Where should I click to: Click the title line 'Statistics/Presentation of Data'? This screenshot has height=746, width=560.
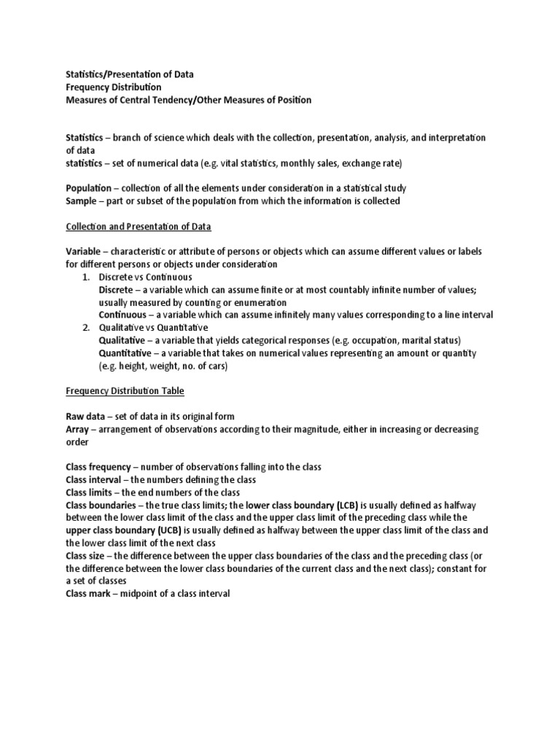coord(130,74)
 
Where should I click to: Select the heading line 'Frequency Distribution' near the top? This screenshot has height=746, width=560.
coord(114,87)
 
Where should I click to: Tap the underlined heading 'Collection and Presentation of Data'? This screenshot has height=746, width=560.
coord(139,227)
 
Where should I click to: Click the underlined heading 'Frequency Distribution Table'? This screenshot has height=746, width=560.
coord(125,391)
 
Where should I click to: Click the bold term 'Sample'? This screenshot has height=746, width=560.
coord(82,200)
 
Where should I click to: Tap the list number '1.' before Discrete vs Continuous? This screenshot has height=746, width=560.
coord(85,277)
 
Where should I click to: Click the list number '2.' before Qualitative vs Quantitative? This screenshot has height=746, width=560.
coord(85,328)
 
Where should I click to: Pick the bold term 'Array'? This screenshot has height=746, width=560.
coord(78,429)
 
